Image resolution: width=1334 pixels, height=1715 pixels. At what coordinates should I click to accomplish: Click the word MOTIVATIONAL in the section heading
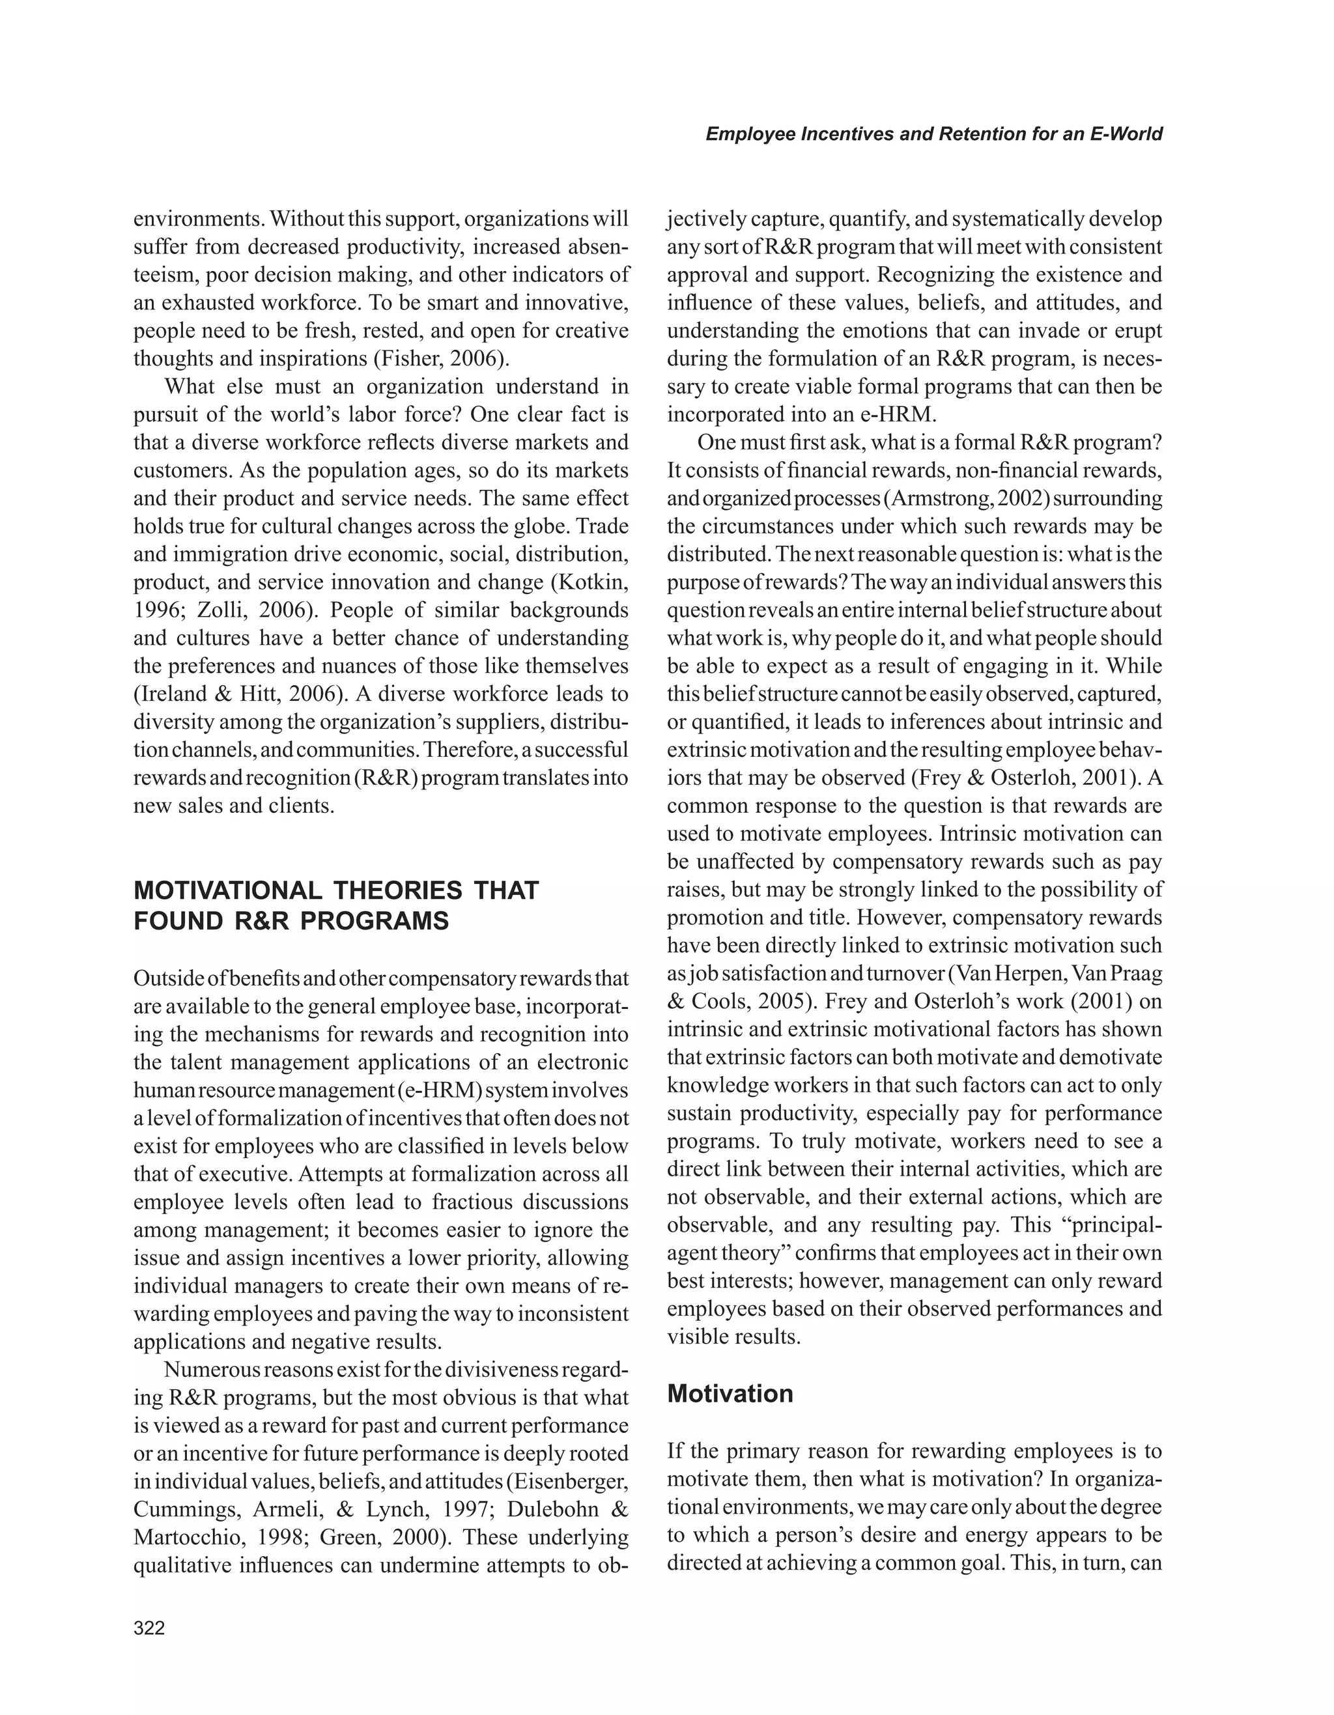pos(228,890)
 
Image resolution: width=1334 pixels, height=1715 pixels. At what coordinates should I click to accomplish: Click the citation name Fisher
pos(406,359)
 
